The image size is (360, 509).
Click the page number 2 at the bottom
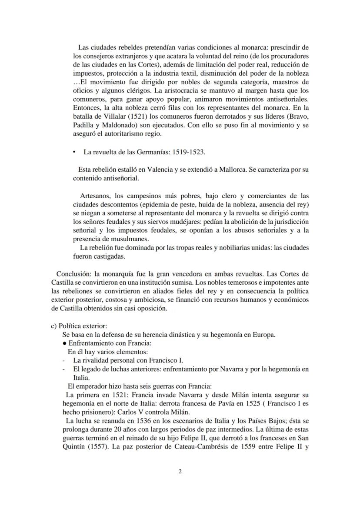(180, 472)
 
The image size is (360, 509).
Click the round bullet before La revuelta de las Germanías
(74, 152)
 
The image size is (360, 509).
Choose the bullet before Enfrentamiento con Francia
(65, 343)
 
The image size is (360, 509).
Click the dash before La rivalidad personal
(64, 360)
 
